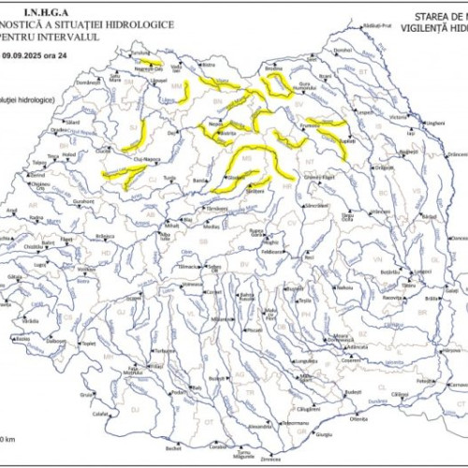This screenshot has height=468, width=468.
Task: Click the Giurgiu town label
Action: [324, 434]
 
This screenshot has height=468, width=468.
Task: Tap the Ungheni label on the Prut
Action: [433, 123]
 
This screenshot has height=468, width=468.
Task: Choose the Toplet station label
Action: [90, 344]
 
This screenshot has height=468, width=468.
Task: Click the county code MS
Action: [247, 160]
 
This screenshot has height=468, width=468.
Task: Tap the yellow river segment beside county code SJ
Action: [136, 138]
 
